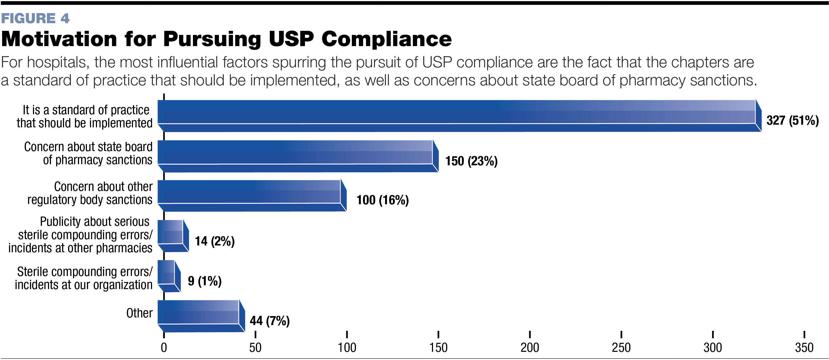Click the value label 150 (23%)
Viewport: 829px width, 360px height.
click(471, 161)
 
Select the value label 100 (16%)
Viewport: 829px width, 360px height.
click(382, 200)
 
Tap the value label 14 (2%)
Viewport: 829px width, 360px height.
click(215, 241)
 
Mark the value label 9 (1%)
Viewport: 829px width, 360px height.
click(205, 281)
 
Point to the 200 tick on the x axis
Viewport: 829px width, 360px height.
click(530, 347)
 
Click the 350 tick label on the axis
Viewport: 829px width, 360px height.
click(804, 347)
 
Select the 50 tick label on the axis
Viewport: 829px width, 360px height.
click(255, 347)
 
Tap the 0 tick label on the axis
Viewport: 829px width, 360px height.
click(164, 347)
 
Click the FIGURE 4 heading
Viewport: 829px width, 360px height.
click(35, 18)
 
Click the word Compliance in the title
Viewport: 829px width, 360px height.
click(386, 39)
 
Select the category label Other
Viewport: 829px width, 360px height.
click(139, 313)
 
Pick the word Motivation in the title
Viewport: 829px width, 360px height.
click(59, 39)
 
